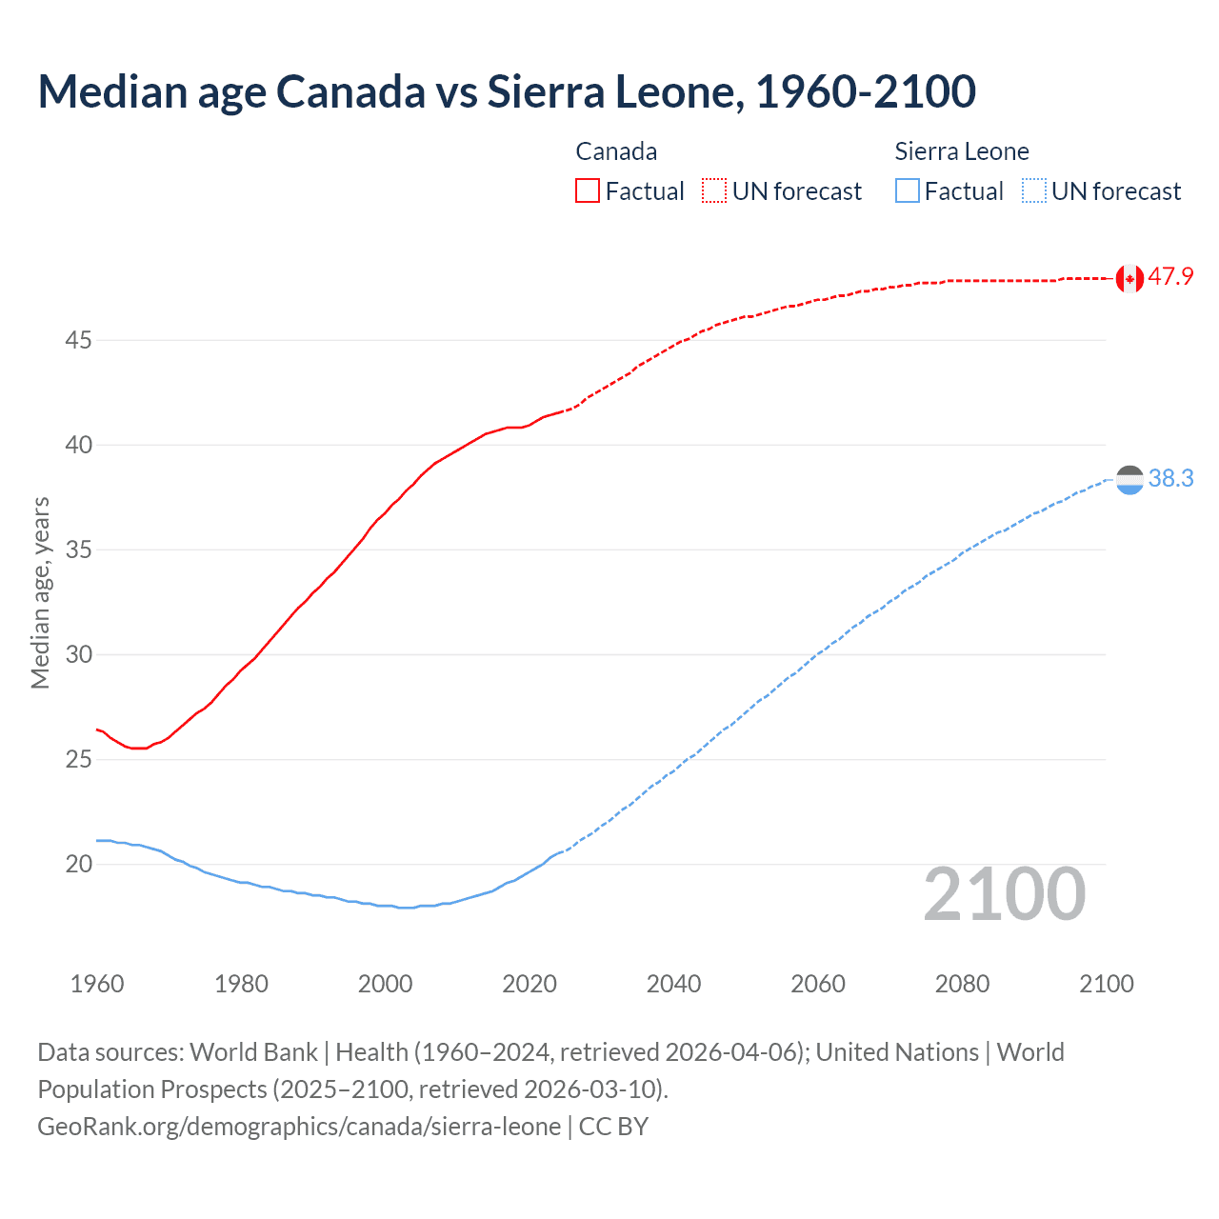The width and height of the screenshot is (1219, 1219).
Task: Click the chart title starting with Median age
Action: [x=507, y=91]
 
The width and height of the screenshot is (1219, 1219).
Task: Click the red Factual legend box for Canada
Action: [x=588, y=191]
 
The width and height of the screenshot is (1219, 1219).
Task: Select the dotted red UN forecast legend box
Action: [x=714, y=191]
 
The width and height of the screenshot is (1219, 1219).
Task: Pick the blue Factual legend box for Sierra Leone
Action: [x=908, y=191]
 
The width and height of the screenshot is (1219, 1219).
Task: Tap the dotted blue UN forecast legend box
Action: [x=1034, y=191]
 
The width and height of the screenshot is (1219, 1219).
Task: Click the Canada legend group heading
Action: [x=616, y=151]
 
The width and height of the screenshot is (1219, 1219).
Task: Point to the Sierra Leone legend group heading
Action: [x=962, y=151]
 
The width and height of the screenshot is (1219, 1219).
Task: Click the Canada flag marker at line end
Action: [x=1129, y=278]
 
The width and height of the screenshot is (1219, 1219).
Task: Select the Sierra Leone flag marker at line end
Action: [x=1129, y=480]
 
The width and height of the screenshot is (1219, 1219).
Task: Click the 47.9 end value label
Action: [x=1170, y=277]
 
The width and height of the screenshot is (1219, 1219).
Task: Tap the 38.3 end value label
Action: [x=1170, y=479]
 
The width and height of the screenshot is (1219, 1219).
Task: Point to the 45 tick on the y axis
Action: [x=78, y=340]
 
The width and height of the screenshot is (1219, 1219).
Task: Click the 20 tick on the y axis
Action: [x=78, y=865]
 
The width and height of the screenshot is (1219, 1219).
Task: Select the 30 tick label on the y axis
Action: [x=78, y=655]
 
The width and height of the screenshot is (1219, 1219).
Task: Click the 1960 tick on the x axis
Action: [x=97, y=984]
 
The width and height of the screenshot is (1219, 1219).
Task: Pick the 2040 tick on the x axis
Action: [x=673, y=984]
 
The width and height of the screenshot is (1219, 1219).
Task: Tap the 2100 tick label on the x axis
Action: [x=1106, y=984]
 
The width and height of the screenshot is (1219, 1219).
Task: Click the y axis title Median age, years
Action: [x=40, y=592]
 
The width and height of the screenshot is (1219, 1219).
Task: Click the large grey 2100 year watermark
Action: [x=1004, y=894]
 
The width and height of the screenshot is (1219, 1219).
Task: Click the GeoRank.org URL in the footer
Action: [x=299, y=1127]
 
